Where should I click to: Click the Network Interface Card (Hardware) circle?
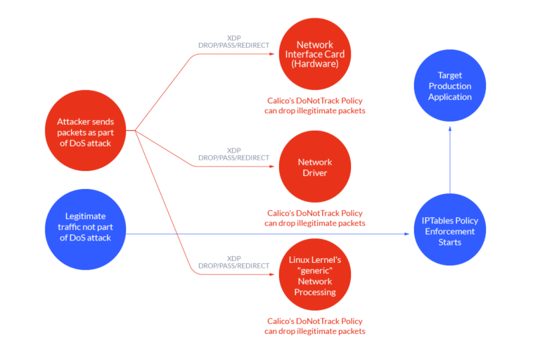314,53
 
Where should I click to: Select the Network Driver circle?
314,167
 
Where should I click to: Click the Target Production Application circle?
450,86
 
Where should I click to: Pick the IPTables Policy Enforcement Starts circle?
450,231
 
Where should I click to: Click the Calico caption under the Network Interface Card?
314,105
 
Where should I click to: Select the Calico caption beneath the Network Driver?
314,218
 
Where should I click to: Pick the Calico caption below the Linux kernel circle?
314,326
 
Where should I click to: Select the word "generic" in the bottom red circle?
314,271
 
